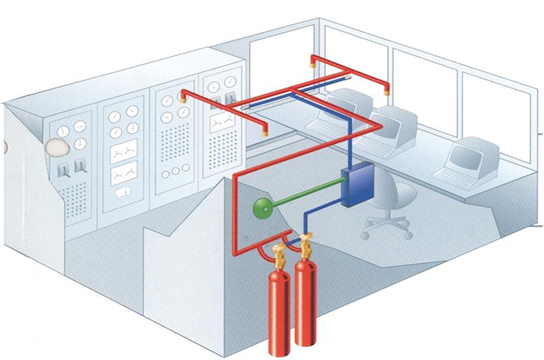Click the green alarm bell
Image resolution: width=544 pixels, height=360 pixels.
[261, 208]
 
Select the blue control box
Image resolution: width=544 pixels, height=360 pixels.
[355, 187]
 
